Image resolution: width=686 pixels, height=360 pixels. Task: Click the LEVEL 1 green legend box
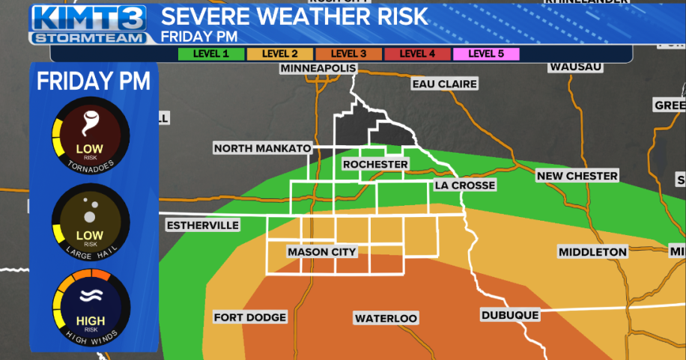point(211,53)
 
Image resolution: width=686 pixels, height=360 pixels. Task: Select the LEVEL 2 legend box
point(279,53)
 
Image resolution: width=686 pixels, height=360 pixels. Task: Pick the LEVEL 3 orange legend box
point(348,53)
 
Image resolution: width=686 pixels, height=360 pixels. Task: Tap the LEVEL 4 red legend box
point(417,53)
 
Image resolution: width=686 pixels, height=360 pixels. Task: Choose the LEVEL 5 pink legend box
point(485,53)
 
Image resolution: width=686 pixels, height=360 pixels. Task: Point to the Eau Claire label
point(445,85)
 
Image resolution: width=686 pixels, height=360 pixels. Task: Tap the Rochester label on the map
point(375,165)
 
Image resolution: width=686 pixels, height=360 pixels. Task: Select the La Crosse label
point(464,185)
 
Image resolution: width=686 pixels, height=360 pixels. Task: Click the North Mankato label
point(262,148)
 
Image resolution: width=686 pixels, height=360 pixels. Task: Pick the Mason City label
point(322,252)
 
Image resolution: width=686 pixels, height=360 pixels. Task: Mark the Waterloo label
point(386,319)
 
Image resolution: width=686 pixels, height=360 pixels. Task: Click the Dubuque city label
point(510,315)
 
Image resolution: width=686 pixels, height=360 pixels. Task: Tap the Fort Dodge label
point(250,317)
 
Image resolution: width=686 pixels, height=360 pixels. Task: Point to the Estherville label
point(202,225)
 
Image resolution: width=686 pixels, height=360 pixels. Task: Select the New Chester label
point(577,176)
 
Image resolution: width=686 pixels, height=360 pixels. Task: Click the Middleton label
point(592,252)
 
